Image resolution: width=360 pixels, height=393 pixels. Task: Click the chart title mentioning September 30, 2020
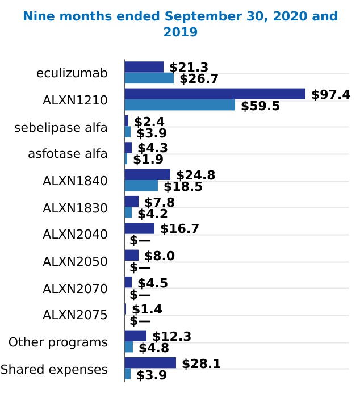[x=180, y=24]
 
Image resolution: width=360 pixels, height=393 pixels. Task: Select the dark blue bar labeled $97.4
[x=215, y=94]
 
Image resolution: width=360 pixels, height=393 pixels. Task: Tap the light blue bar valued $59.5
[x=179, y=105]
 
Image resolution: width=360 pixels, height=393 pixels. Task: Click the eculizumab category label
[x=72, y=73]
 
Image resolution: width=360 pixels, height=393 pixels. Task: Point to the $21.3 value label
[x=189, y=68]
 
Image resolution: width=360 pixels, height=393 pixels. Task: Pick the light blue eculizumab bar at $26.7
[x=149, y=78]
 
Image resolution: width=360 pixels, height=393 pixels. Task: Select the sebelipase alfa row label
[x=61, y=127]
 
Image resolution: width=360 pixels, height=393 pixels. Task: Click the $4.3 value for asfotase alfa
[x=152, y=148]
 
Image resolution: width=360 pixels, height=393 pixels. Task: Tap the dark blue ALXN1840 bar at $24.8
[x=147, y=175]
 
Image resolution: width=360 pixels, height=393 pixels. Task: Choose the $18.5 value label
[x=183, y=186]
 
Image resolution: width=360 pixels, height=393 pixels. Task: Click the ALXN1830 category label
[x=75, y=208]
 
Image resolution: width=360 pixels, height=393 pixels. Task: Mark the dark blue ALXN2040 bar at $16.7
[x=139, y=228]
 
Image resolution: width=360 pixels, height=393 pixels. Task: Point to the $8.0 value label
[x=159, y=256]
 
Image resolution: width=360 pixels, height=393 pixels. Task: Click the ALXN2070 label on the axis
[x=75, y=289]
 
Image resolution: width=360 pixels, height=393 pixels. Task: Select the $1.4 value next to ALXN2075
[x=147, y=310]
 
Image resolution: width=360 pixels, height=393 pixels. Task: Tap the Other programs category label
[x=58, y=342]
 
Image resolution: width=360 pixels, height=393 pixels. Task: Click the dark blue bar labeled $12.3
[x=135, y=336]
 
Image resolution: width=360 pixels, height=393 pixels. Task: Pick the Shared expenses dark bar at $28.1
[x=150, y=363]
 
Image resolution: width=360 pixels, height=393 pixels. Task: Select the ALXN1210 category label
[x=75, y=101]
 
